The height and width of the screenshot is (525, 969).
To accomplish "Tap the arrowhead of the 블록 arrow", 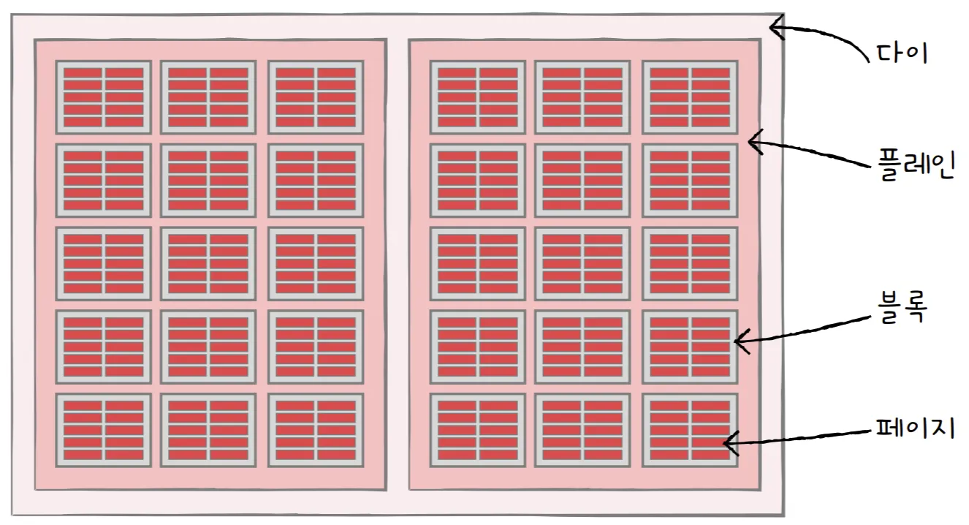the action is (737, 340).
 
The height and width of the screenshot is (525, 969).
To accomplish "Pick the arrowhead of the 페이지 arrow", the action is (726, 442).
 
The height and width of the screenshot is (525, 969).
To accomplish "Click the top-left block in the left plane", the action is (103, 97).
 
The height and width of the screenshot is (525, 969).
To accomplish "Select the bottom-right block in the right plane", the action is (690, 430).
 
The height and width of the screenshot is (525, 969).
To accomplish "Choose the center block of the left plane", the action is (208, 263).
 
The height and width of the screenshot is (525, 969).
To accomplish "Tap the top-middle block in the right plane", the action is (582, 97).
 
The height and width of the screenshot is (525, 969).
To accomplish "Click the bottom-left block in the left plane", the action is (103, 430).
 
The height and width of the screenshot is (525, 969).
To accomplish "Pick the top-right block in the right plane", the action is (690, 97).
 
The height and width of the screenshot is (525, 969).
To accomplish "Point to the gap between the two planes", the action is (397, 263).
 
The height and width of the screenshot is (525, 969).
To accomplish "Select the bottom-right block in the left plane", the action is (316, 430).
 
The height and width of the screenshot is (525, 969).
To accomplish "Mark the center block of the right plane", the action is (582, 263).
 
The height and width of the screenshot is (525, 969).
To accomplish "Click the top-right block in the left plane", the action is (316, 97).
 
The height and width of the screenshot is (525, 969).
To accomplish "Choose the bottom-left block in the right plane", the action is (477, 430).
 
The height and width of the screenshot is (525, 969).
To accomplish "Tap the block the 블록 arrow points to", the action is (690, 347).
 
